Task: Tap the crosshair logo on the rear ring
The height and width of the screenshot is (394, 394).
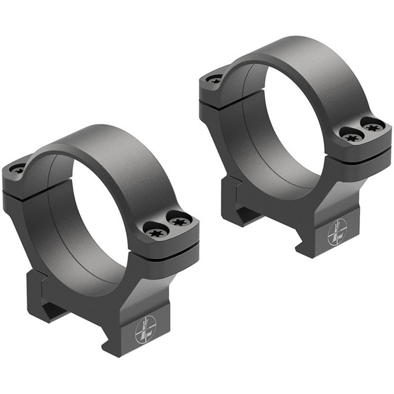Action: (x=337, y=232)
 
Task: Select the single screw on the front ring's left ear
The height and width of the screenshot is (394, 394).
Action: (x=17, y=169)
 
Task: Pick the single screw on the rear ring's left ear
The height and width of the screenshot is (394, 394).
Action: (x=214, y=79)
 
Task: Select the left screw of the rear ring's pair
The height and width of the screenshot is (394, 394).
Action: (x=350, y=135)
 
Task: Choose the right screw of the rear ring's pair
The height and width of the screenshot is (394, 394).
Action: (x=372, y=125)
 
